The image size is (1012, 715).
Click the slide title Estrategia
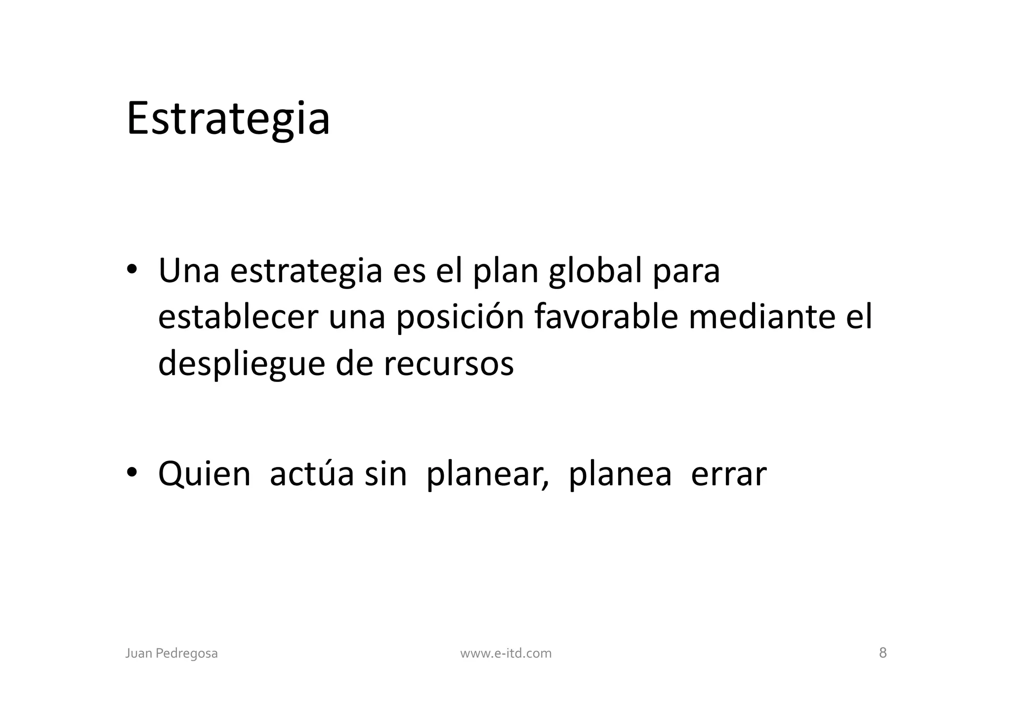point(228,119)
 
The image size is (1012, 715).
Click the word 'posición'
point(460,318)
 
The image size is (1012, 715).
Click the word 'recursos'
point(448,364)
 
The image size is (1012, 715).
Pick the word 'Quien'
point(204,474)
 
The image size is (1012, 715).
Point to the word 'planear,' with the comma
point(487,475)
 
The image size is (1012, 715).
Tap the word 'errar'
point(728,474)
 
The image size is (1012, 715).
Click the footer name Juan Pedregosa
point(171,653)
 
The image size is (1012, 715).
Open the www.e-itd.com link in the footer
point(506,653)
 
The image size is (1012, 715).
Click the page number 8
point(883,653)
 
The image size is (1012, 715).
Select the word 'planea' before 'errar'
point(620,475)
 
